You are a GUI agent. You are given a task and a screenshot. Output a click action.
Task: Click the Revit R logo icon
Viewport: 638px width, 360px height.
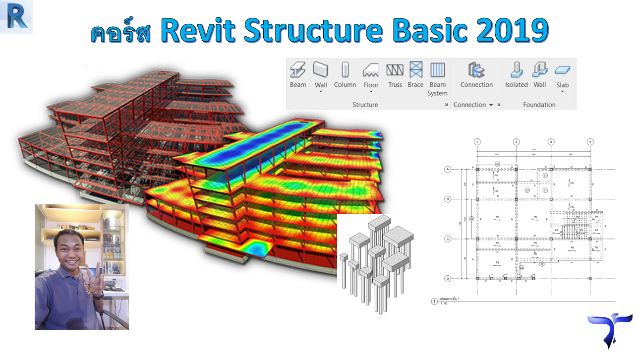coord(16,17)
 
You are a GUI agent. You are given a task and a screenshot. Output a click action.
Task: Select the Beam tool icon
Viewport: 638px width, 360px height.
coord(298,70)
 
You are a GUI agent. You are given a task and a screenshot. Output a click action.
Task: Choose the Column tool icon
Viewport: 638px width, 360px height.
coord(345,70)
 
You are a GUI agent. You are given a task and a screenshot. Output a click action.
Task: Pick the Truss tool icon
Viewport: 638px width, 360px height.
coord(395,70)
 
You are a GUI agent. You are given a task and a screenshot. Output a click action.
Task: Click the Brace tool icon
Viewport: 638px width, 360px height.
coord(415,70)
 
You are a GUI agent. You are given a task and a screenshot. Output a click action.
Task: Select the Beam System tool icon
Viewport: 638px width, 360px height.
coord(437,70)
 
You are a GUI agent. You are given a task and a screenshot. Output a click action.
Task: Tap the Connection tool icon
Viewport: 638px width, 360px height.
coord(476,70)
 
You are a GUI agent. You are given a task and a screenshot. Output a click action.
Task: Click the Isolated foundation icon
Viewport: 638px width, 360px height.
coord(516,70)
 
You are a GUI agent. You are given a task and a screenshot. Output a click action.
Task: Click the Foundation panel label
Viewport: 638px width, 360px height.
coord(539,105)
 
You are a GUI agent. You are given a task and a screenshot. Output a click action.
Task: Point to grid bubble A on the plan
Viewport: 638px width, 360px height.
coord(448,170)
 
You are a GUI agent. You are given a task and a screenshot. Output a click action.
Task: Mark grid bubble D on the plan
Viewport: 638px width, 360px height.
coord(448,279)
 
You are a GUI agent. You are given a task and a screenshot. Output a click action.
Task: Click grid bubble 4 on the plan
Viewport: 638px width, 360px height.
coord(590,142)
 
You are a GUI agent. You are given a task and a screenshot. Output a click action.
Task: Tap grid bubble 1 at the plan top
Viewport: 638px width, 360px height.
coord(477,142)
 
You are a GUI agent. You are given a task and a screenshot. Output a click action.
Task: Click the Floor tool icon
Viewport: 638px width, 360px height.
coord(371,70)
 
